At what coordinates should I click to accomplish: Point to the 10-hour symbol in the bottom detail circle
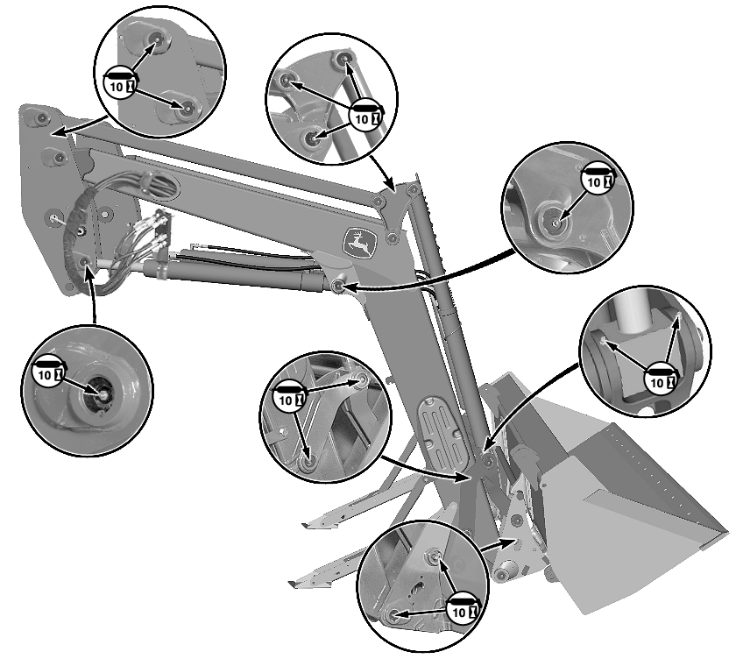(x=464, y=609)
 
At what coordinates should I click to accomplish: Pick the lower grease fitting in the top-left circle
(x=186, y=108)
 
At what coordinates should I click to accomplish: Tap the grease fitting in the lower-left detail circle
(x=101, y=393)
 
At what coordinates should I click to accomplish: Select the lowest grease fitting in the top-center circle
(x=311, y=138)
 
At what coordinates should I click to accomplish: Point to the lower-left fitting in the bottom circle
(x=393, y=613)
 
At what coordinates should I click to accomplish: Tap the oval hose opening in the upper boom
(x=159, y=183)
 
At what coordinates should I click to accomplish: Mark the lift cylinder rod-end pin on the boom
(x=336, y=285)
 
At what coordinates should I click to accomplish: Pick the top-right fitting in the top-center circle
(x=343, y=59)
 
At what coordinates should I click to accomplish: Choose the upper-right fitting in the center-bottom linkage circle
(x=361, y=380)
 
